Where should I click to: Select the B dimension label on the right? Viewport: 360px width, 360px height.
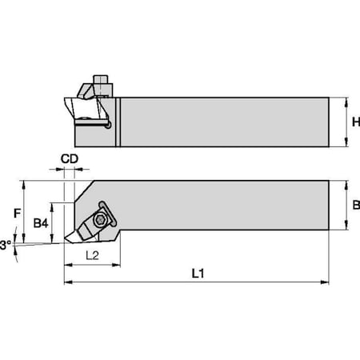(355, 206)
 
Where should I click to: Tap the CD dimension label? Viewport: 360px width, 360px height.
(70, 158)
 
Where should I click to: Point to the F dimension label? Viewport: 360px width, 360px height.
(17, 214)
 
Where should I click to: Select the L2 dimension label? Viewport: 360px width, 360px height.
(93, 255)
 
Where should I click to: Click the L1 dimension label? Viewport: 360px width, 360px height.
(197, 273)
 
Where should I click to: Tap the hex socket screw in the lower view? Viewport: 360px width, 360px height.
(100, 219)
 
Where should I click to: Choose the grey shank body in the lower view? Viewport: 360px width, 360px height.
(224, 206)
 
